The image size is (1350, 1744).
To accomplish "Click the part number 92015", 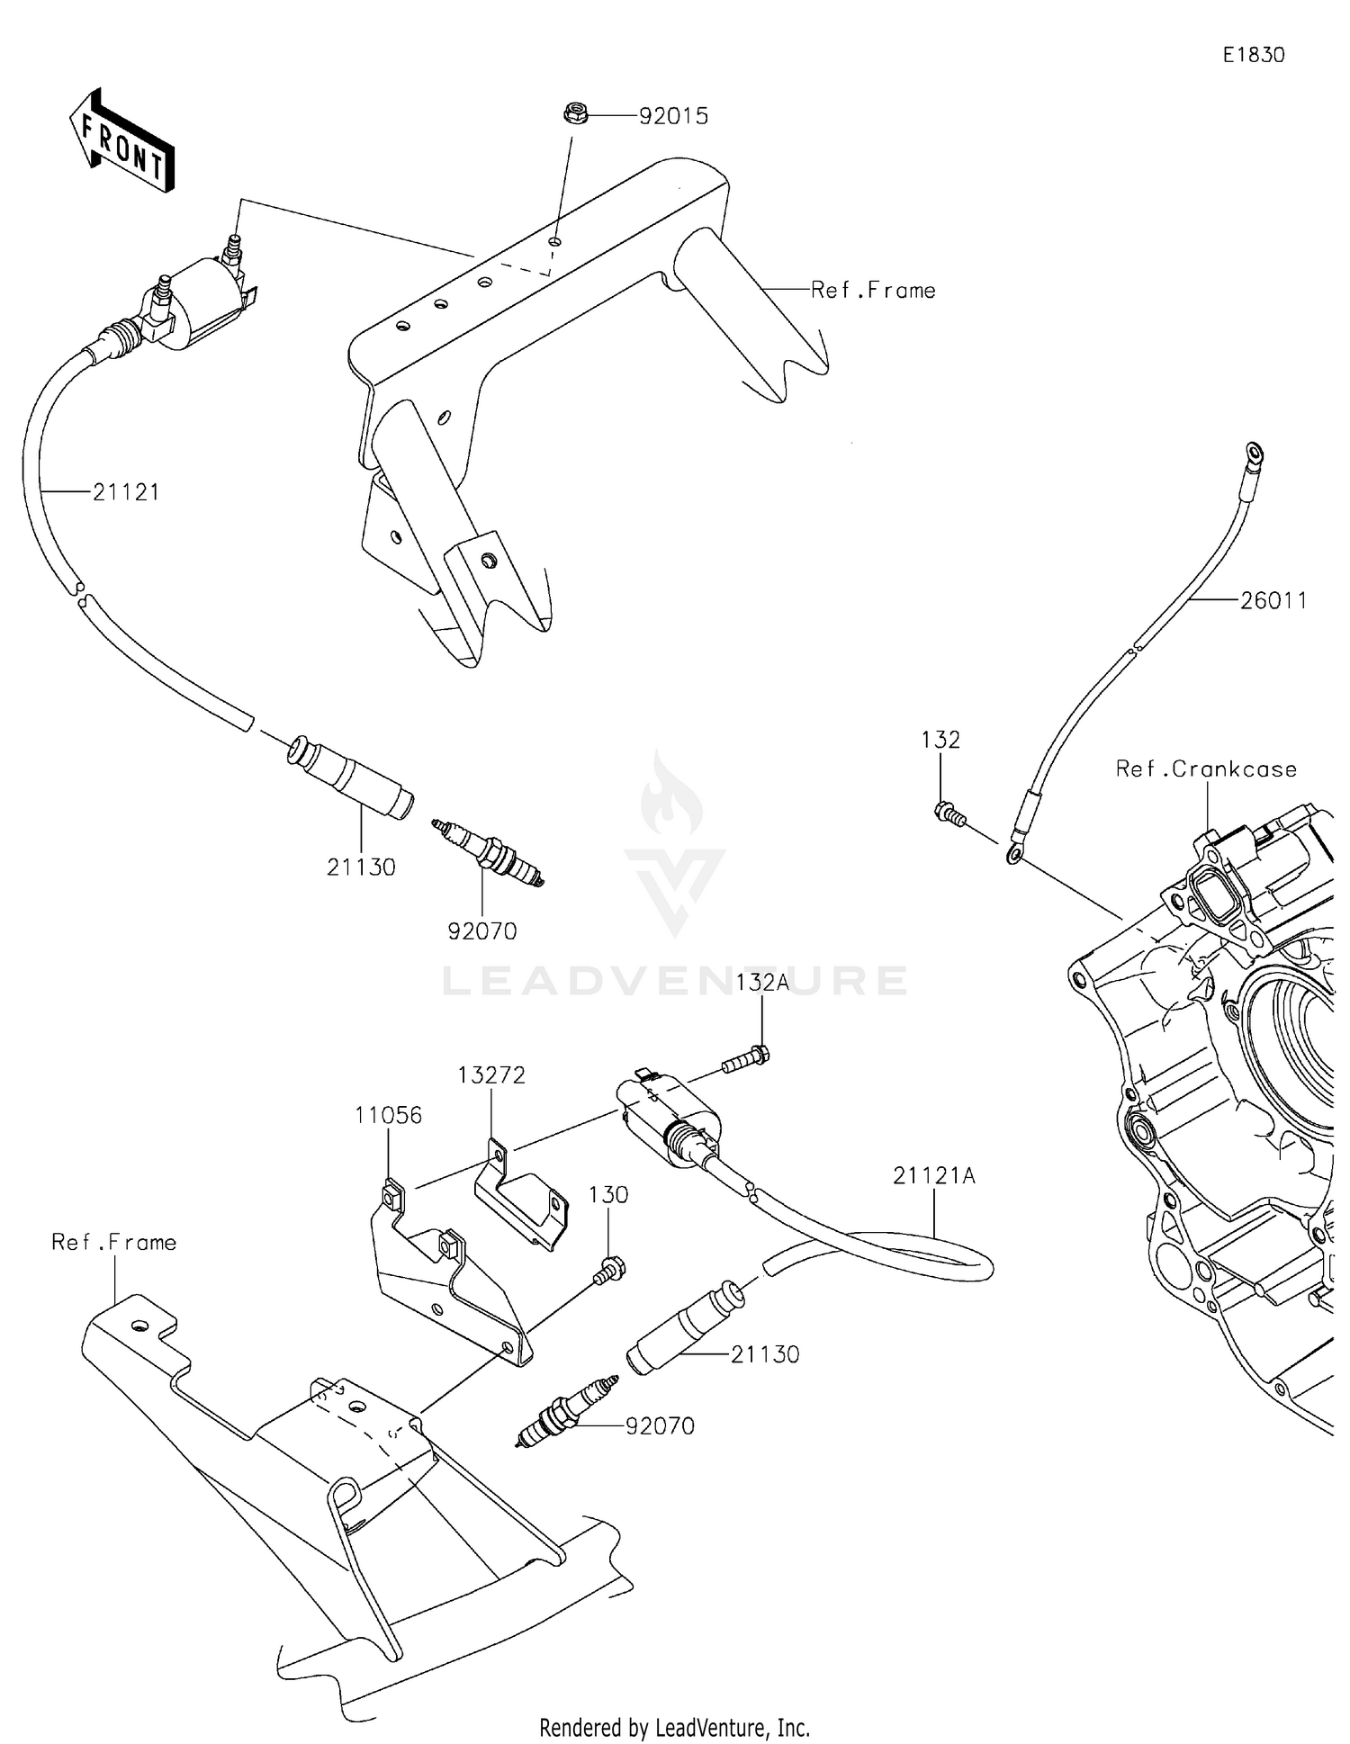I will click(673, 116).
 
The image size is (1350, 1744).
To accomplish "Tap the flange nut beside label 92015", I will click(576, 113).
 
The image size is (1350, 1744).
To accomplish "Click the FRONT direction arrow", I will click(122, 140).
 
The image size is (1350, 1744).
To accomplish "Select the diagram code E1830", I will click(1253, 55).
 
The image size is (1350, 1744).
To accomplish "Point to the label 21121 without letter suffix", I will click(126, 492).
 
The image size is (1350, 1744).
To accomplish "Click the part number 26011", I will click(1273, 600).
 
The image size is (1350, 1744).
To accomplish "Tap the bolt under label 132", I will click(949, 814).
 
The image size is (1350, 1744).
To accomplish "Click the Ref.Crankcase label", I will click(1206, 769).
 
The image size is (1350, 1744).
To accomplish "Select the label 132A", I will click(762, 982).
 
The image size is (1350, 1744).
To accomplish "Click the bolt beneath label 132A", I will click(746, 1061).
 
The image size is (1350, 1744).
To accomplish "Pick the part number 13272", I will click(490, 1074).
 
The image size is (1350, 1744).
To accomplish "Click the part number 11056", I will click(388, 1115).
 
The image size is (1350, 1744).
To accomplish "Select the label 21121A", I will click(934, 1175).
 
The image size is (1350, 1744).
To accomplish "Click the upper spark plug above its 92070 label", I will click(489, 850).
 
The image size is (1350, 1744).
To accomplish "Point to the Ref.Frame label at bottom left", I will click(113, 1242).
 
